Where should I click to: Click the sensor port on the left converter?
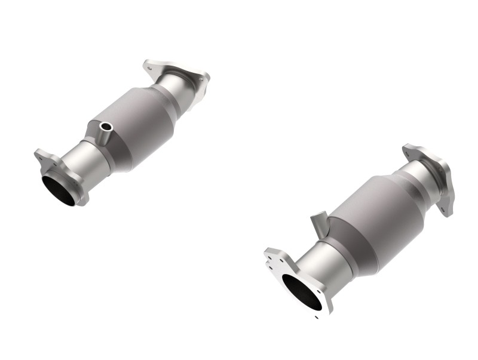[x=106, y=127]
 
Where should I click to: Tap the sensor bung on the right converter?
[x=318, y=220]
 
